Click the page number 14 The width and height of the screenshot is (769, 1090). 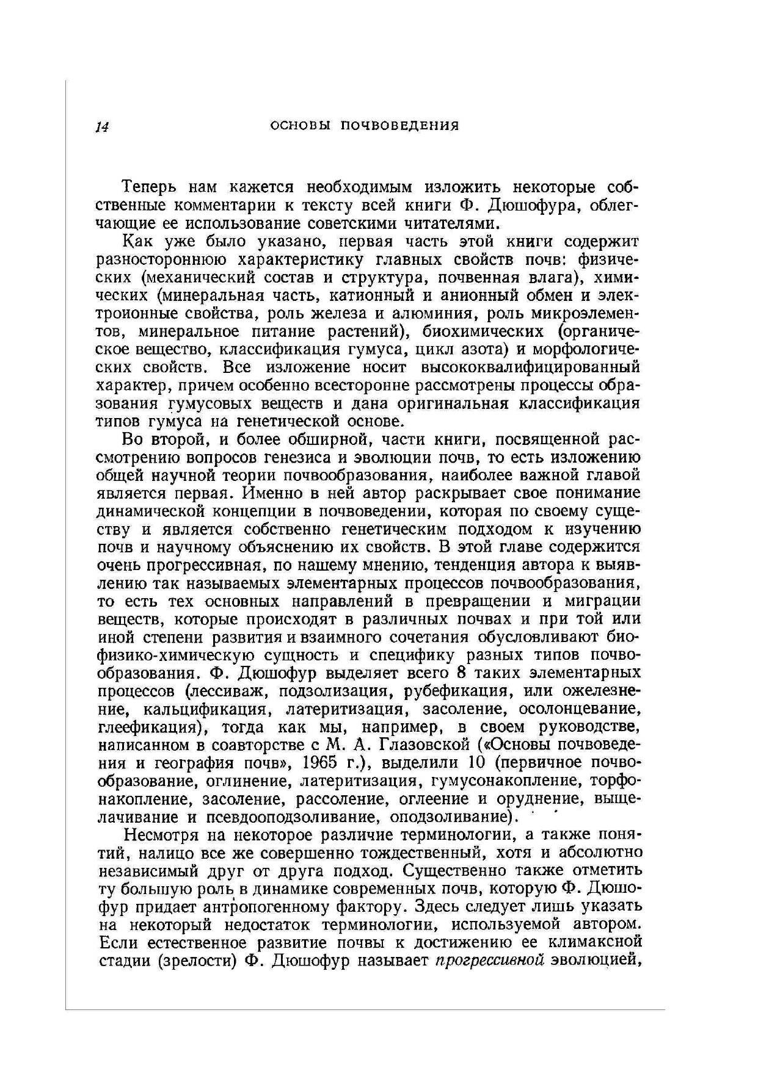(x=102, y=127)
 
